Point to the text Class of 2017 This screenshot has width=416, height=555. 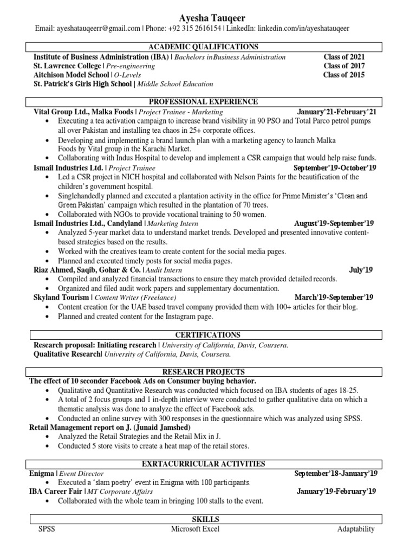coord(344,66)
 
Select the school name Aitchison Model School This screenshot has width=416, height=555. coord(71,75)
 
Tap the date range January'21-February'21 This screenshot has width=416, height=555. coord(336,112)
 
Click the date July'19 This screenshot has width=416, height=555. coord(361,269)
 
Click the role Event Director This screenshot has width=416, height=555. coord(81,473)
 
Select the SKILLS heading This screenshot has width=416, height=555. coord(206,519)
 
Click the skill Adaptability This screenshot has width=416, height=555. coord(355,529)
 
